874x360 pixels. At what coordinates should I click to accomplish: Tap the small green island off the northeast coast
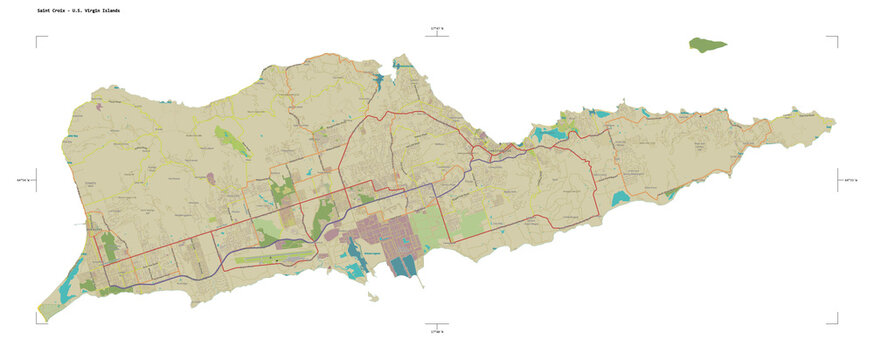(x=707, y=44)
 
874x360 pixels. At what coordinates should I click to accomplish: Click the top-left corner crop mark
(x=40, y=40)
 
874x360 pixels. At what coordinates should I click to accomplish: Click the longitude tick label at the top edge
(x=436, y=30)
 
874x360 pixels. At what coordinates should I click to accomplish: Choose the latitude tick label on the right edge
(x=850, y=180)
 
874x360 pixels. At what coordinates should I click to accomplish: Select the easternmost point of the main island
(x=834, y=124)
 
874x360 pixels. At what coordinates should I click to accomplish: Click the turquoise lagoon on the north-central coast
(x=548, y=132)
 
